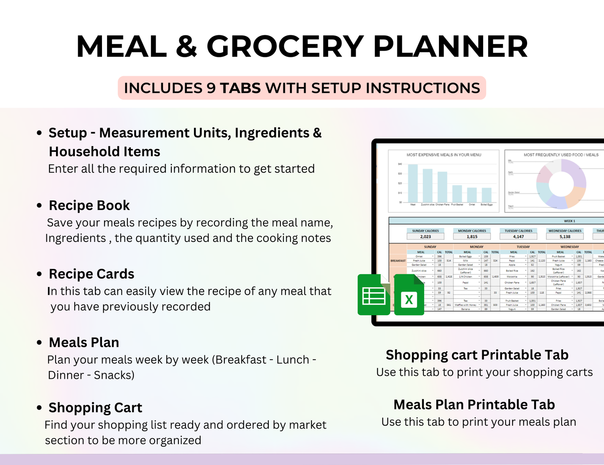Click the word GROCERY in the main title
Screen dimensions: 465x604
(x=285, y=46)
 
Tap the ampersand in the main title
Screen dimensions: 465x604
(x=186, y=46)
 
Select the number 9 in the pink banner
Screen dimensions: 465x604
(x=211, y=88)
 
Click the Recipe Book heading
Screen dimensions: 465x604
(x=89, y=206)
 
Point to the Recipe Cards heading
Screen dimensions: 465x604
(x=92, y=274)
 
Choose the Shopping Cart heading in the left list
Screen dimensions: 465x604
(x=95, y=408)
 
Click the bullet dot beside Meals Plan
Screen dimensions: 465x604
(x=39, y=342)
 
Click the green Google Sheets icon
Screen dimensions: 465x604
(x=374, y=295)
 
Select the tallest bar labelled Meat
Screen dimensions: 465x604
(x=413, y=183)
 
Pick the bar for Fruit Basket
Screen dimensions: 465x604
(x=457, y=194)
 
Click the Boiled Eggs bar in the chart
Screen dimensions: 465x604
(x=487, y=195)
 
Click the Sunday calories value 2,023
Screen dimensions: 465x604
(x=426, y=236)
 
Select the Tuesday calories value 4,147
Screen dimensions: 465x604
(x=518, y=236)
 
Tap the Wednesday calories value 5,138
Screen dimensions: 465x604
(x=565, y=236)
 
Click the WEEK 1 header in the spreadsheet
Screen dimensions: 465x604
(x=569, y=221)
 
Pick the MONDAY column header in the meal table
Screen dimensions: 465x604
(x=477, y=247)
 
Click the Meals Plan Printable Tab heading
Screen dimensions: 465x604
(x=474, y=405)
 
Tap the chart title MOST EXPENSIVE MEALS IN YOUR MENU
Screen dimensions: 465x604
(x=444, y=155)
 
